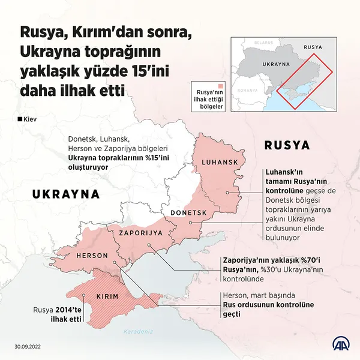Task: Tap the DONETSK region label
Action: [188, 213]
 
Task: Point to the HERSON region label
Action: [92, 256]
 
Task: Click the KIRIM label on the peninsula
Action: [109, 297]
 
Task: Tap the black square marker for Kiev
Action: [21, 119]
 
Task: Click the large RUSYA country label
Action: [287, 145]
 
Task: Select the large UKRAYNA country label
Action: [65, 194]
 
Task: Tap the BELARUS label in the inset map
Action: [263, 43]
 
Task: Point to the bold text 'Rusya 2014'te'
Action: [56, 310]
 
